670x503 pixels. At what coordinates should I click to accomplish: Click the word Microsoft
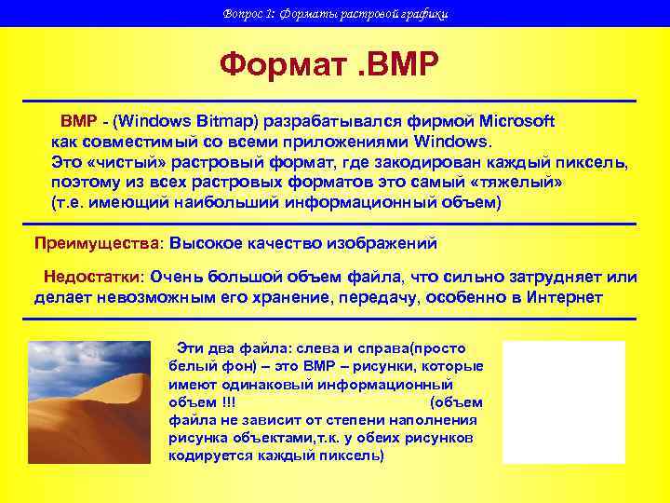pyautogui.click(x=516, y=121)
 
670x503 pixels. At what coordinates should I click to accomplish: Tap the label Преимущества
pyautogui.click(x=97, y=243)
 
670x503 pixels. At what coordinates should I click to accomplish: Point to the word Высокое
pyautogui.click(x=207, y=243)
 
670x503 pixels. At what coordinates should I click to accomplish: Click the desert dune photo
pyautogui.click(x=88, y=401)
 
